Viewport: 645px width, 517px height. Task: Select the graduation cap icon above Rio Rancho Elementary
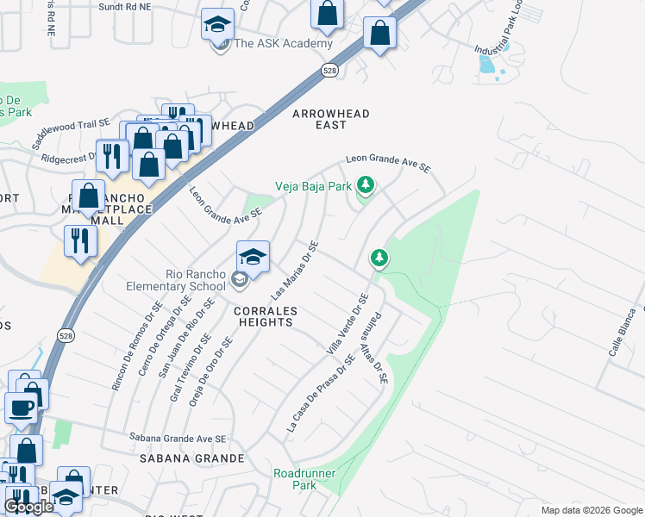[253, 256]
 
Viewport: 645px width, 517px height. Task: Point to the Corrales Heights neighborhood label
[264, 316]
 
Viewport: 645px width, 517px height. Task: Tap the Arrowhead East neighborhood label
[331, 119]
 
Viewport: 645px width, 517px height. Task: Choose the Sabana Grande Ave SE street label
[178, 439]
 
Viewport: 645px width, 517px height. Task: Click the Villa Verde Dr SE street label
[347, 326]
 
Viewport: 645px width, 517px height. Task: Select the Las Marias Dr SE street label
[295, 270]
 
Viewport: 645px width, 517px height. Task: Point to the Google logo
[28, 507]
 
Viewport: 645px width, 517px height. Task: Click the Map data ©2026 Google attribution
[591, 510]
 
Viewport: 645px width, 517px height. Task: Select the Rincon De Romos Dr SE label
[137, 346]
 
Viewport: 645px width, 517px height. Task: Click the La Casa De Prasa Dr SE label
[320, 393]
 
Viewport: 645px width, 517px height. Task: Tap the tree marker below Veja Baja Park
[379, 258]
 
